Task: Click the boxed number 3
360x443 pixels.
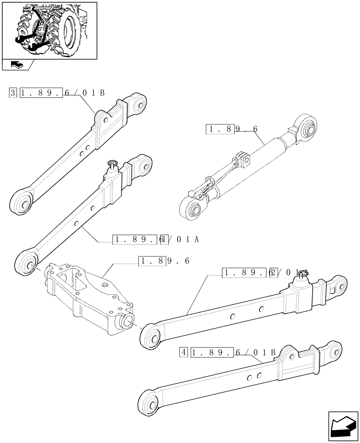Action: click(x=12, y=93)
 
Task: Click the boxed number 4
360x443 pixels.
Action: click(x=184, y=353)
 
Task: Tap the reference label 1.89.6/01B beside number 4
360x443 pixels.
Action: click(x=233, y=353)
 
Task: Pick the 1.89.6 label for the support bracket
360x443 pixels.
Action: click(x=164, y=261)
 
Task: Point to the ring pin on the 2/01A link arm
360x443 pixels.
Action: click(x=303, y=276)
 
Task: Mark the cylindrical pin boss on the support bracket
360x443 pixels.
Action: click(x=125, y=320)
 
